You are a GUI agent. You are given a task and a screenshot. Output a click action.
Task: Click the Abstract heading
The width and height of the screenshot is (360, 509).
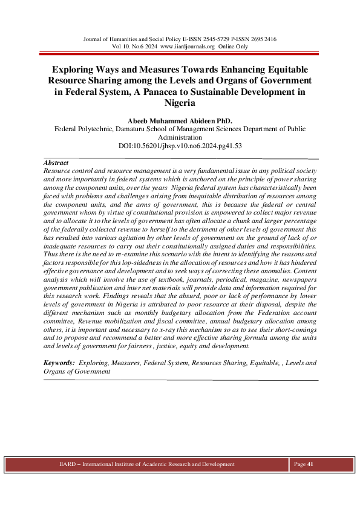pyautogui.click(x=56, y=163)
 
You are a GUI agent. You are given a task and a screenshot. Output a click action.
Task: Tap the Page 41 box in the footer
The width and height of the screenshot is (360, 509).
pyautogui.click(x=304, y=464)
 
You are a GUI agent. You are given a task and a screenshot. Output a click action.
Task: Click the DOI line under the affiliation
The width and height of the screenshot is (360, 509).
pyautogui.click(x=180, y=146)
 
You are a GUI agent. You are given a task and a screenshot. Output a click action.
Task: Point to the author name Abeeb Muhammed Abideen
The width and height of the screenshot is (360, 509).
pyautogui.click(x=180, y=119)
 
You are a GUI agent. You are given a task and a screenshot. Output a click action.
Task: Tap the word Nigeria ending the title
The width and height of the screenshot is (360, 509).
pyautogui.click(x=180, y=103)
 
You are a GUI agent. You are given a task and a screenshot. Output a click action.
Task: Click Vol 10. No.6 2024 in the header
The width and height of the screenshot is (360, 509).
pyautogui.click(x=136, y=46)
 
